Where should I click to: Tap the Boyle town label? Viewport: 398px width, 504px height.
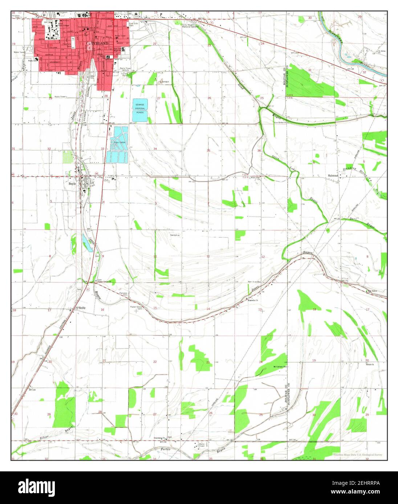coord(72,183)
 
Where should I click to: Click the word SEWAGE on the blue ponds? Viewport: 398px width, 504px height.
coord(140,104)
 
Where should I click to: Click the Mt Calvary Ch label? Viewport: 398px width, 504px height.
coord(280,367)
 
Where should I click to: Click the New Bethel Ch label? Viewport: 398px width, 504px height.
coord(280,123)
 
